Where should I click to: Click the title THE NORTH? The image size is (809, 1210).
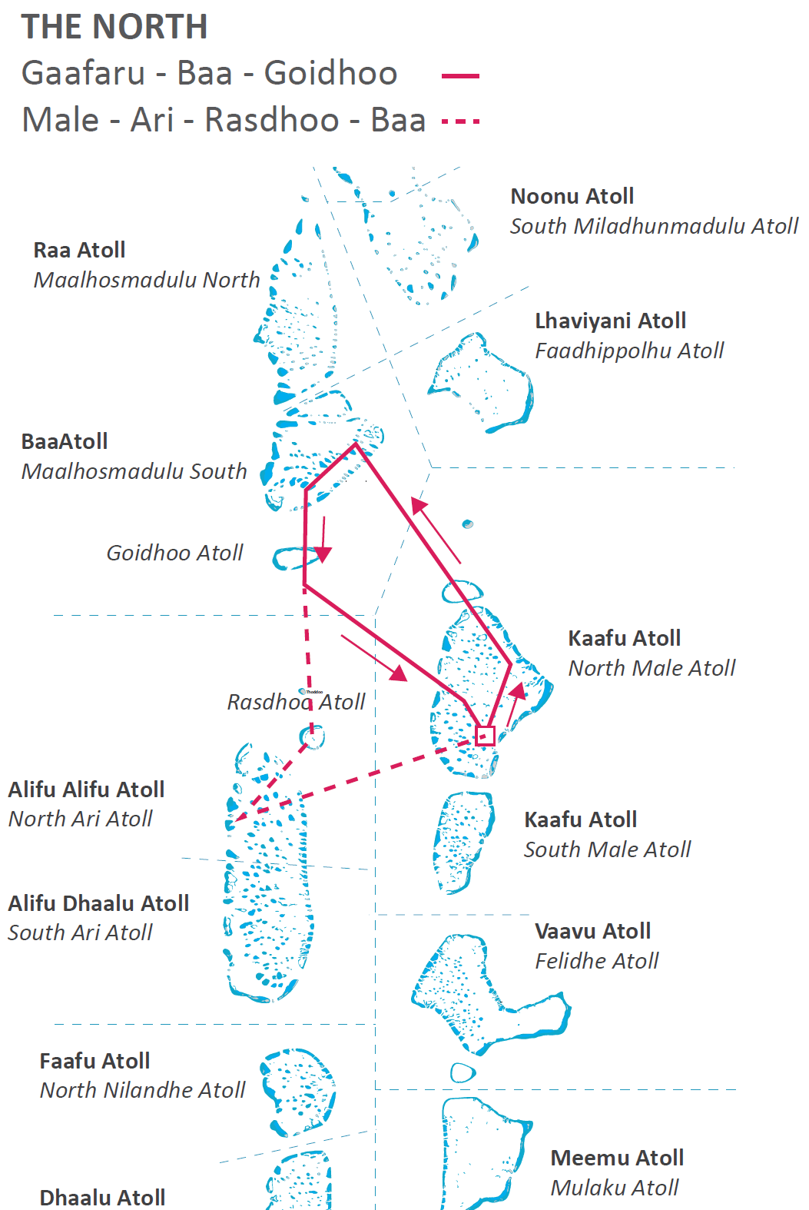click(114, 26)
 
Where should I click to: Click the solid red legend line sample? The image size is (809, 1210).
click(460, 76)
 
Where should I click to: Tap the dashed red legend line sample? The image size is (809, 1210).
click(460, 121)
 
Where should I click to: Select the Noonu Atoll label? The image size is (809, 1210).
click(572, 196)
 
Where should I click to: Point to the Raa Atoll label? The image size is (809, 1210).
click(79, 250)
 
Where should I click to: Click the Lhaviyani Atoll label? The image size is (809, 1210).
click(610, 321)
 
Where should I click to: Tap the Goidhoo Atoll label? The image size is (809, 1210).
click(174, 553)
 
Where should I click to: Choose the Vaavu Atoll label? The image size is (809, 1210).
click(592, 931)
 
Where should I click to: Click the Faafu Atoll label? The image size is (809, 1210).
click(94, 1061)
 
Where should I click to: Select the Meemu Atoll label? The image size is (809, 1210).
click(617, 1158)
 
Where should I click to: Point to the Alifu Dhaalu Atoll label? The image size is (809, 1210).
click(98, 903)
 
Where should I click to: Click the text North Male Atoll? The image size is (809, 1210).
click(652, 668)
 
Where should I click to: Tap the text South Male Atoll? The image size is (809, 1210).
click(607, 849)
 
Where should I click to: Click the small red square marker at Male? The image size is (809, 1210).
click(485, 736)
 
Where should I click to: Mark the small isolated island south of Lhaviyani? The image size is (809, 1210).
click(467, 524)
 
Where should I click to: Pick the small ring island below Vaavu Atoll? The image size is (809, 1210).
click(463, 1072)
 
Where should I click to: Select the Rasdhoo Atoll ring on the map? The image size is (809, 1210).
click(313, 738)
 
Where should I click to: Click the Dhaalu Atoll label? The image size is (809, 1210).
click(102, 1198)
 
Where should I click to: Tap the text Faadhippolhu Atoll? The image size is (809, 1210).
click(629, 351)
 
